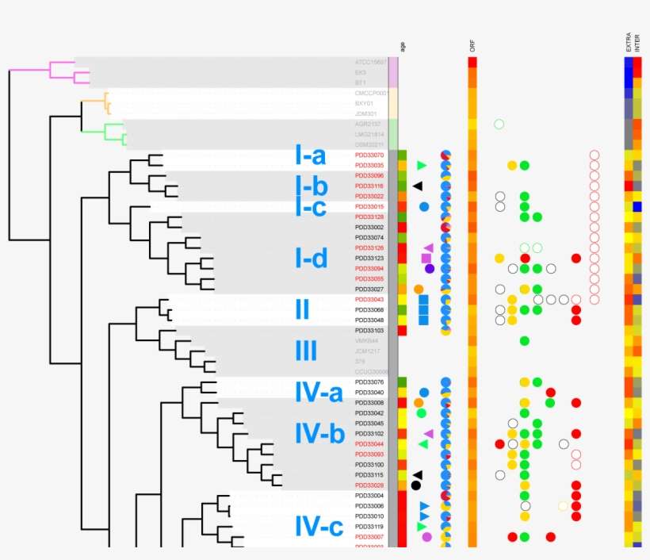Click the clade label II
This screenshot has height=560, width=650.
302,309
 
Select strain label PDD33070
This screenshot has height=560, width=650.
369,155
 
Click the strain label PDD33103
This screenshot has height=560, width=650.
369,330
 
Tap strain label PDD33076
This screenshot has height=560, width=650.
369,382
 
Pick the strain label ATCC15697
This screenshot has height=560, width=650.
370,62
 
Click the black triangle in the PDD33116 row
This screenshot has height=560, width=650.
418,186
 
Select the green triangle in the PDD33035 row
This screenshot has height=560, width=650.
422,165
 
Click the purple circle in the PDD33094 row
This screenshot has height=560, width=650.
430,269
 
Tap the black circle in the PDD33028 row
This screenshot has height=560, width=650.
416,485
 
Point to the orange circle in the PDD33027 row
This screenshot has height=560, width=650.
419,289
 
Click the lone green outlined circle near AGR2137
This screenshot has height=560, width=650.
499,124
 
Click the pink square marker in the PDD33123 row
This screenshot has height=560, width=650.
426,259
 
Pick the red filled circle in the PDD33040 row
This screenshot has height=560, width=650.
550,393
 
